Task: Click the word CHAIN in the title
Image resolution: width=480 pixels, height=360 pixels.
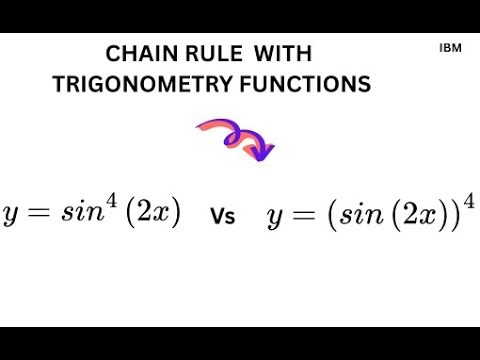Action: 139,54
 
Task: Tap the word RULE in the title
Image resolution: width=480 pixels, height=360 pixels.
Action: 209,54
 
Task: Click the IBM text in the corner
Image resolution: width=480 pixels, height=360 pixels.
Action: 449,47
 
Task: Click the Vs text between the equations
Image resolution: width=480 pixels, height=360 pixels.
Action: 223,216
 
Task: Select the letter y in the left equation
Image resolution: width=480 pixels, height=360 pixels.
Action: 14,216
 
